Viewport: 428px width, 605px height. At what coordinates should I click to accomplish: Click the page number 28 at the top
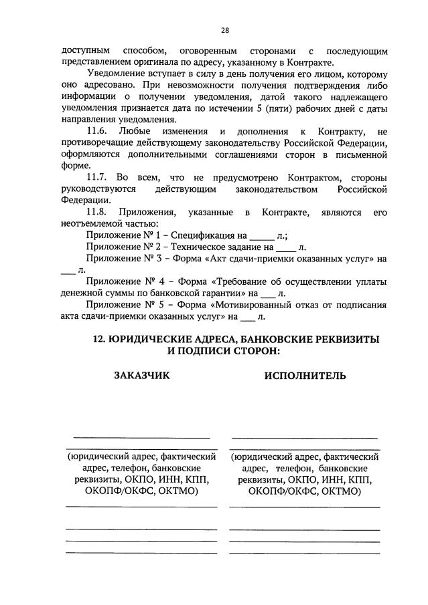tap(224, 29)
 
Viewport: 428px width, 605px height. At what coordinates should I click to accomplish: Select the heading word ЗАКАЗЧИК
tap(141, 375)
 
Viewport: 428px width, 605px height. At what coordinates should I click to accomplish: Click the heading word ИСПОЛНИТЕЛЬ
tap(305, 375)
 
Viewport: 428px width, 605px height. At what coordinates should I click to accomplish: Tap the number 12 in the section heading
tap(98, 338)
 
